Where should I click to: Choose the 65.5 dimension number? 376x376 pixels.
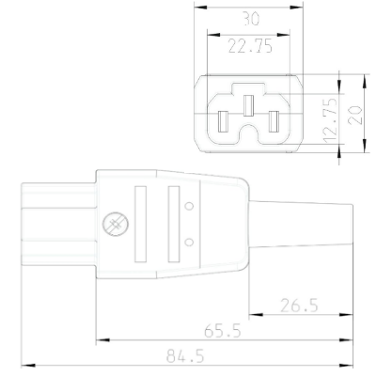coord(222,331)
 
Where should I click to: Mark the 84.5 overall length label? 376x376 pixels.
coord(186,358)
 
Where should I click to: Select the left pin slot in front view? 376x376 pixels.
coord(224,122)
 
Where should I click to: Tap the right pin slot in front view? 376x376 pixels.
coord(274,122)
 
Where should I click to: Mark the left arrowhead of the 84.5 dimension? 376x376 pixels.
coord(26,364)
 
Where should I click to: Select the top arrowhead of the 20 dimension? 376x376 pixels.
coord(362,79)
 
